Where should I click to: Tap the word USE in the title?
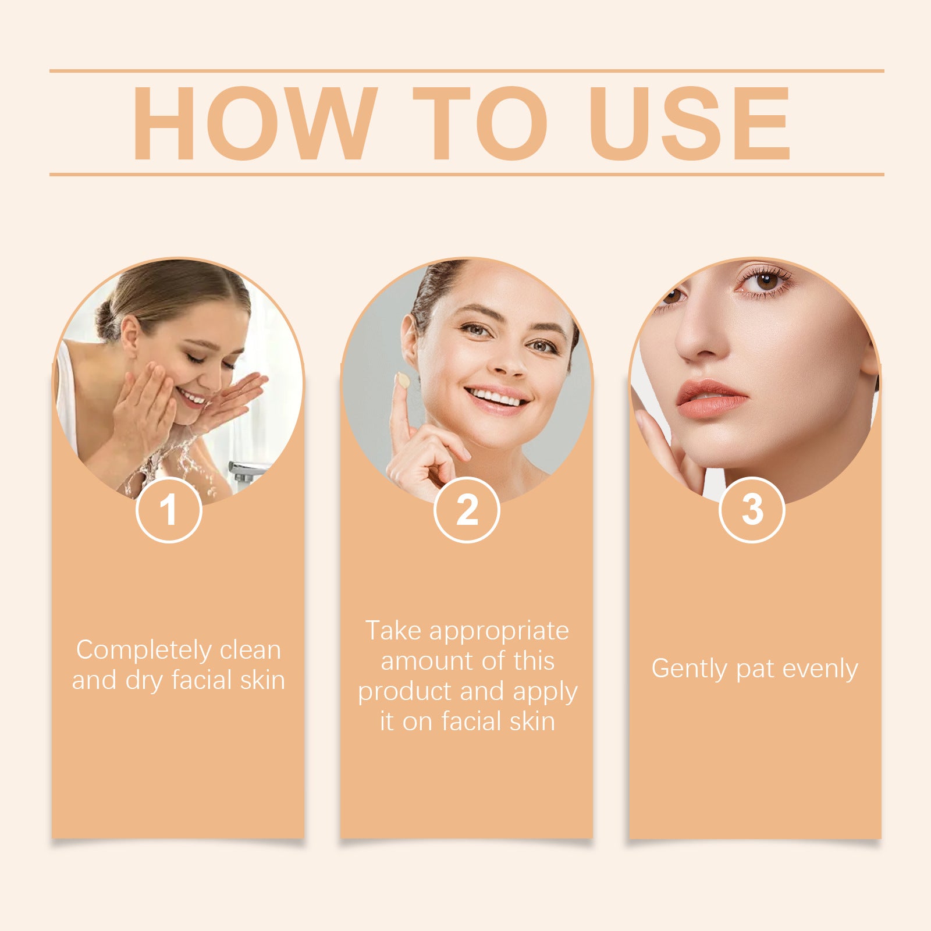coord(690,123)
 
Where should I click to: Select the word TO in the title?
coord(480,123)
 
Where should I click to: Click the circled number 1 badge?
coord(169,510)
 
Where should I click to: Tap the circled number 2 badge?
coord(467,510)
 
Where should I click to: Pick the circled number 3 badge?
coord(752,510)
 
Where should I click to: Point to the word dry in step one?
coord(144,681)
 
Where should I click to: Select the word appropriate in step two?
coord(499,631)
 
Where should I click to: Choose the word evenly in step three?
coord(820,669)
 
